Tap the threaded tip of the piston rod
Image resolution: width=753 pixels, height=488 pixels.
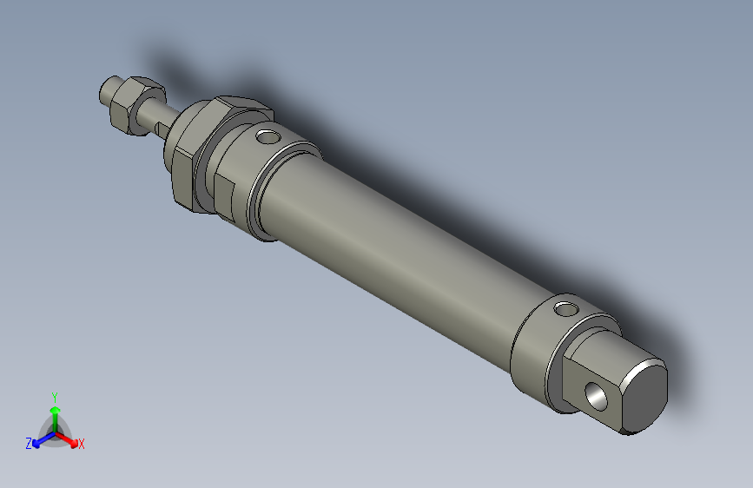pos(109,89)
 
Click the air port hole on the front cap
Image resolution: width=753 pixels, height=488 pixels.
pos(268,135)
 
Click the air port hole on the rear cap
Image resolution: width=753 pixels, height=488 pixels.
pos(566,308)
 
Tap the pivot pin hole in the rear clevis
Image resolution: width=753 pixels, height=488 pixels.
pos(598,395)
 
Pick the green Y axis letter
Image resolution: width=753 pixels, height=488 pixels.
pos(54,396)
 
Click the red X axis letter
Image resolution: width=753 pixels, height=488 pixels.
pos(82,445)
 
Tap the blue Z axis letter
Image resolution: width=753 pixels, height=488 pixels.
pos(29,443)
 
